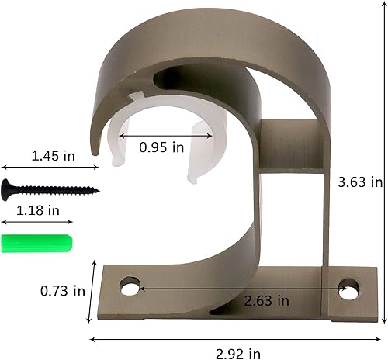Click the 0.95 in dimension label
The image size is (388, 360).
coord(161,147)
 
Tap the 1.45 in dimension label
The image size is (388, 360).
coord(53,156)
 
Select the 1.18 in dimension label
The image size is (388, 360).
coord(38,210)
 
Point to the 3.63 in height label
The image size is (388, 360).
coord(360,182)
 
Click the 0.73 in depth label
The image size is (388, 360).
coord(63,291)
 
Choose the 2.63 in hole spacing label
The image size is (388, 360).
coord(266,301)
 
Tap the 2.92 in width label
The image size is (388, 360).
coord(238,354)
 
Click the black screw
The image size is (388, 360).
coord(50,190)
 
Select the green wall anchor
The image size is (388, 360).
coord(37,243)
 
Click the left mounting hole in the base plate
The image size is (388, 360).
coord(130,286)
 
